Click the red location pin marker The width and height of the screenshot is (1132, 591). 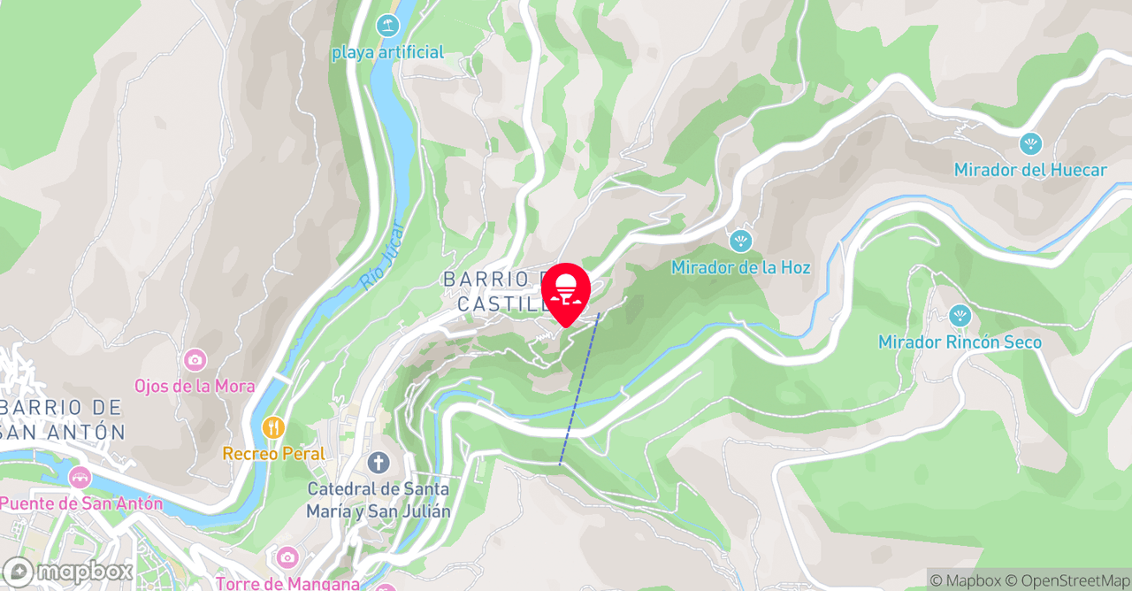566,292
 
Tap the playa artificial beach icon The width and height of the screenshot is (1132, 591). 387,26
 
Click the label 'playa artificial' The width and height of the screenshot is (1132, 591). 387,52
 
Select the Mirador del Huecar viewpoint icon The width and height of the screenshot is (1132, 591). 1030,143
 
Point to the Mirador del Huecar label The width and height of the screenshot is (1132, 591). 1030,170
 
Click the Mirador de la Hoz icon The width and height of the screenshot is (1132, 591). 740,240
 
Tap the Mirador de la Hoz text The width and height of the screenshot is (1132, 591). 740,267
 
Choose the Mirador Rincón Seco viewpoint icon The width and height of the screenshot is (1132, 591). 960,315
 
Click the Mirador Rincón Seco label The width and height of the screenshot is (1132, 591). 960,342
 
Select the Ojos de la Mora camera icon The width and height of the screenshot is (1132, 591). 195,359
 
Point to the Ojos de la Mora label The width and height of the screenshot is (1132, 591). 195,387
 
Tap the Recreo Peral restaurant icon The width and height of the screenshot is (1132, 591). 273,427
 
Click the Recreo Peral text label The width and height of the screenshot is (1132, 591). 273,454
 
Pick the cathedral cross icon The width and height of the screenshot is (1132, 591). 379,462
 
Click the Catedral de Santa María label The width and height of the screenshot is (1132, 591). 379,500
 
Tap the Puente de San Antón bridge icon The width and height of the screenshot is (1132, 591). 80,477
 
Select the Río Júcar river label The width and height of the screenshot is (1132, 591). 381,257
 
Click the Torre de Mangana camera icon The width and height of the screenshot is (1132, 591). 287,557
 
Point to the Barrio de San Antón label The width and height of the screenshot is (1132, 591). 62,420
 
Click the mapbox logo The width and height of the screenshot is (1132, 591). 68,571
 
